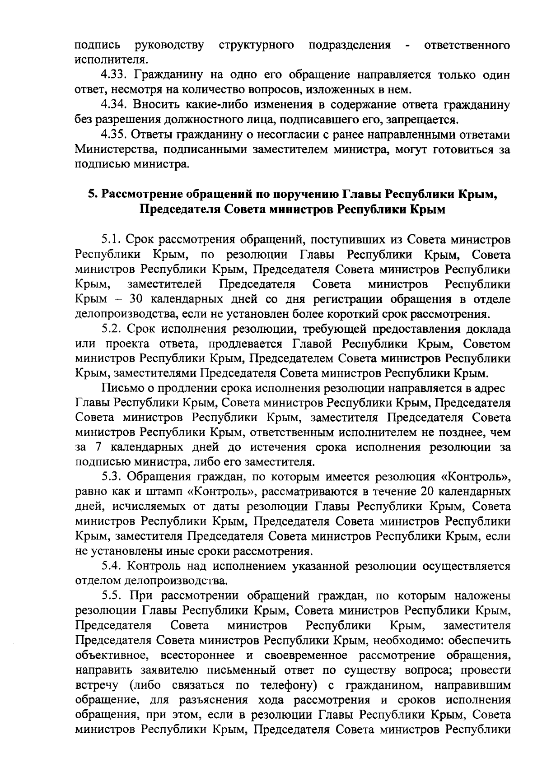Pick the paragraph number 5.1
(111, 239)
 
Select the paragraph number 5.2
(111, 329)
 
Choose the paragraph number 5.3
(111, 477)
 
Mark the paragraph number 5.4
(111, 566)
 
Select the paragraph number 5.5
(111, 595)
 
